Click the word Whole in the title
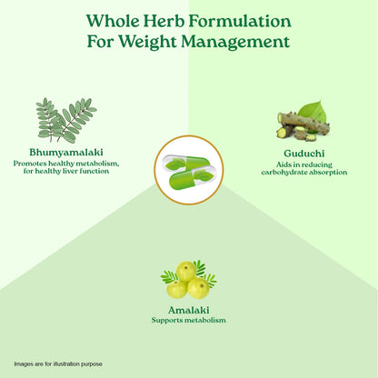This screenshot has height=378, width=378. point(113,21)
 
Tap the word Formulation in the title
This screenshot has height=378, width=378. point(240,21)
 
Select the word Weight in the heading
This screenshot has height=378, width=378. point(148,42)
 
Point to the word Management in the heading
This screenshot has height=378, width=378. point(235,42)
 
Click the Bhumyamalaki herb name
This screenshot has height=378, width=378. point(66,153)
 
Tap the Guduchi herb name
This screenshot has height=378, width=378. point(304,154)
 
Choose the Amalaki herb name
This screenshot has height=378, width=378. point(188,311)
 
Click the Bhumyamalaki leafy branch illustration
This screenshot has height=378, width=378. point(66,121)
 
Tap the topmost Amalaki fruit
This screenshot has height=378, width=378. point(186,272)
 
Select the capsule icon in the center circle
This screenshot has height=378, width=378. point(189,170)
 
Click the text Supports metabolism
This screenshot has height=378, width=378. point(188,320)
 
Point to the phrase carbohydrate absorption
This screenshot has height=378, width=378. point(304,173)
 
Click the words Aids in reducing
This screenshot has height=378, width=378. point(304,164)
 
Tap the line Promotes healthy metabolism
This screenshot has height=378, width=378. point(66,164)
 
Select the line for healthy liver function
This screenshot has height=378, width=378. point(66,171)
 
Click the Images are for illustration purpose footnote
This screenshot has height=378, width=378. point(58,363)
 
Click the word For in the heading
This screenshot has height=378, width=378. point(101,42)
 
